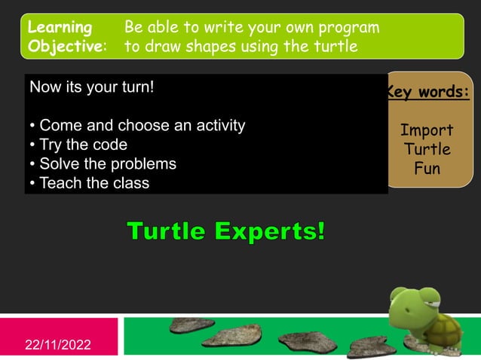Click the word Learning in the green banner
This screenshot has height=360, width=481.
coord(60,28)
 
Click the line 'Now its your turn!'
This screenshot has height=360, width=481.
coord(90,87)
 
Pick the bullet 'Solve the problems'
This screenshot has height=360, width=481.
coord(102,164)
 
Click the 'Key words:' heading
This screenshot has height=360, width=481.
coord(428,93)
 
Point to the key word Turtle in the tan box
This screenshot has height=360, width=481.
coord(427,149)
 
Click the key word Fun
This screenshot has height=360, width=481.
coord(427,168)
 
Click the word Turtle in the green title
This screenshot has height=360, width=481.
coord(166,231)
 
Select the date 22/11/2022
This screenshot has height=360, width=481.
coord(58,345)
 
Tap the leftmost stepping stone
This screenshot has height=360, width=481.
coord(191,325)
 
